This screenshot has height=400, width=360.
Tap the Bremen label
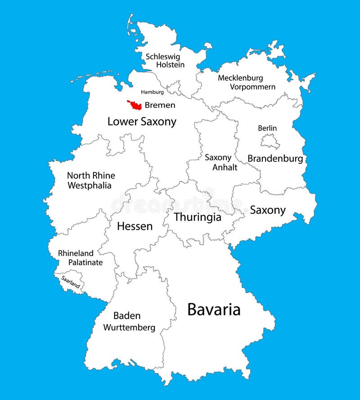click(x=160, y=106)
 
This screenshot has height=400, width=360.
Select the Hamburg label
click(x=152, y=92)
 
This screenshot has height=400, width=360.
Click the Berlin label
click(x=267, y=128)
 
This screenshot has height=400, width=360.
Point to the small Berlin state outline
click(x=270, y=142)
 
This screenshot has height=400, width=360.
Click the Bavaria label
click(x=214, y=310)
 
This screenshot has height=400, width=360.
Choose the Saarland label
click(x=71, y=281)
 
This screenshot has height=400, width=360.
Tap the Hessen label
click(x=135, y=226)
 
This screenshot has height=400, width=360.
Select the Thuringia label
click(x=198, y=217)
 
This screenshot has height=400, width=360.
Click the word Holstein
click(x=170, y=65)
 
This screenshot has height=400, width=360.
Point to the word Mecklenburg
click(x=247, y=78)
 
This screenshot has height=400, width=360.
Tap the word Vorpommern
click(x=252, y=87)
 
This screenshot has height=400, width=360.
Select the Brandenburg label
click(x=275, y=159)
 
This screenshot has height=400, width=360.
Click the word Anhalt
click(x=218, y=166)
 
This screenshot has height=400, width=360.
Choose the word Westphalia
click(x=89, y=185)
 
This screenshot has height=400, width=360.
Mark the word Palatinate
click(x=85, y=262)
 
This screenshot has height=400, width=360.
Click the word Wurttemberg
click(x=129, y=328)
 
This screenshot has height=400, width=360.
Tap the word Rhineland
click(x=76, y=253)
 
